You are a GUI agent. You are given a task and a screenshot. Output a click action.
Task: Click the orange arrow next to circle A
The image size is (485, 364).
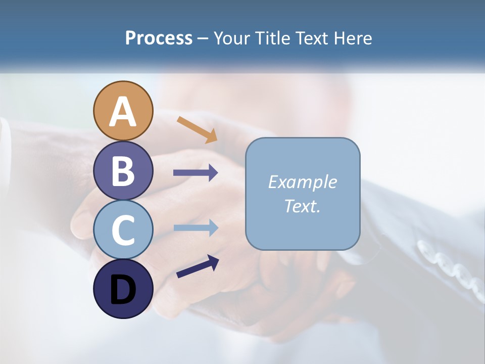click(197, 129)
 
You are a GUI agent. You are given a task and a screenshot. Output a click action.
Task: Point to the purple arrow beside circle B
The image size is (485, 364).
click(196, 173)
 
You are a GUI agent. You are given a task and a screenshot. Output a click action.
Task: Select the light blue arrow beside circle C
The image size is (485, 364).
click(196, 227)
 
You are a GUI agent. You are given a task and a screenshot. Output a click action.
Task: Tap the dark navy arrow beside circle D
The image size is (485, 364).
click(198, 266)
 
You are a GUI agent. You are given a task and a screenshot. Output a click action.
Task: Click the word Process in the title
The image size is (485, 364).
click(159, 38)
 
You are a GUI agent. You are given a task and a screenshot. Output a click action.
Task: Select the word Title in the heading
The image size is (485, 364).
click(272, 38)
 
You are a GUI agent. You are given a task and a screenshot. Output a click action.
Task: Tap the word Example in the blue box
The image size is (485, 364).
click(302, 182)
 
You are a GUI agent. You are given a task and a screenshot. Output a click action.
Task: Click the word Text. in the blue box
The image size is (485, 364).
click(302, 206)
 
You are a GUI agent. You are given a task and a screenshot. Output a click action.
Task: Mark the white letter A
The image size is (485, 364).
click(123, 112)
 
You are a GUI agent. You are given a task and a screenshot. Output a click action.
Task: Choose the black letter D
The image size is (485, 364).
click(123, 290)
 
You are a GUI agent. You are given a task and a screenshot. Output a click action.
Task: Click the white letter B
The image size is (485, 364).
click(123, 171)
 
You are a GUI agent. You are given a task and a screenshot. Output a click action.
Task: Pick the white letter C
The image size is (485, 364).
click(123, 230)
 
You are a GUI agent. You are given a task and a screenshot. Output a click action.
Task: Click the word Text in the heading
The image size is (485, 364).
click(311, 38)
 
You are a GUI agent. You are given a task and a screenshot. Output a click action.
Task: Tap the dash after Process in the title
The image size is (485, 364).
click(203, 39)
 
